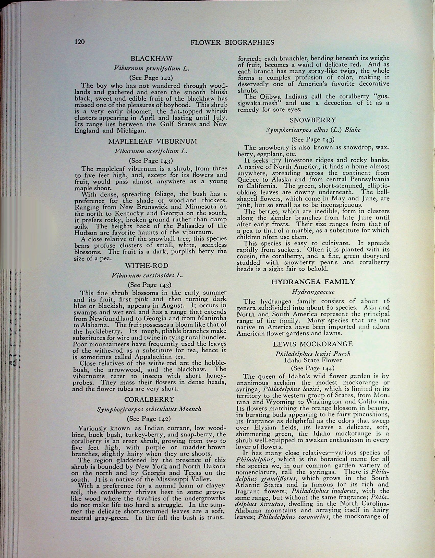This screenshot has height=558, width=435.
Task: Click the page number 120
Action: [79, 41]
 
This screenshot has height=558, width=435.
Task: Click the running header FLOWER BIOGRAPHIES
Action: [232, 42]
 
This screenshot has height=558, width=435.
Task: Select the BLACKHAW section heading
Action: [152, 59]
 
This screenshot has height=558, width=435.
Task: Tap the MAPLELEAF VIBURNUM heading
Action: [153, 141]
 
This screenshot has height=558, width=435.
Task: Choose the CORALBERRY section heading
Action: [149, 399]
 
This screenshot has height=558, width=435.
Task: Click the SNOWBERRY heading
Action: [313, 120]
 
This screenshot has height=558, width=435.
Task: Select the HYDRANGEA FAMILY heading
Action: [313, 282]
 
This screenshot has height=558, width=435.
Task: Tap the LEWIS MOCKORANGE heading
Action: [313, 344]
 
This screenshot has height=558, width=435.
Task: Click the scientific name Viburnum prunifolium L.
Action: [151, 68]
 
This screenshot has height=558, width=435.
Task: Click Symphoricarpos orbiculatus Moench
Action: [149, 409]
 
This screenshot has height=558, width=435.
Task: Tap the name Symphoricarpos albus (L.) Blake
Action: [313, 130]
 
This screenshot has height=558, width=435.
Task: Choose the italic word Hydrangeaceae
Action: [313, 292]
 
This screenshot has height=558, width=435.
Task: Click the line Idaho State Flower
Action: [313, 360]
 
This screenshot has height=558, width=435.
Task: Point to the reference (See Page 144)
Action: [313, 368]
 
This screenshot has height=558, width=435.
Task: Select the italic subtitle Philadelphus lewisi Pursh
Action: [313, 354]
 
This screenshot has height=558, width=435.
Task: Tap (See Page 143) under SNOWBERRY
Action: [313, 139]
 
